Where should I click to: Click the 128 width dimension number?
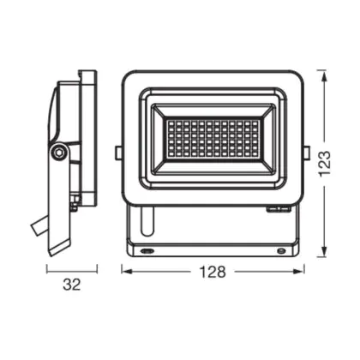pyautogui.click(x=213, y=272)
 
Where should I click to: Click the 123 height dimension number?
pyautogui.click(x=324, y=164)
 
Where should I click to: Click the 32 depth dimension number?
pyautogui.click(x=72, y=285)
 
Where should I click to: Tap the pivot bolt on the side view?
pyautogui.click(x=59, y=153)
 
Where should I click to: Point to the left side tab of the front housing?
pyautogui.click(x=118, y=153)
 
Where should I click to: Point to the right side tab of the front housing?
pyautogui.click(x=307, y=153)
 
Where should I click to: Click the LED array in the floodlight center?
pyautogui.click(x=213, y=138)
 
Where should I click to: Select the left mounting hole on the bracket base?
pyautogui.click(x=147, y=251)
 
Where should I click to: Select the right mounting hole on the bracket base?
pyautogui.click(x=281, y=251)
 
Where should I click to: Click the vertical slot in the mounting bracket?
pyautogui.click(x=147, y=221)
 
